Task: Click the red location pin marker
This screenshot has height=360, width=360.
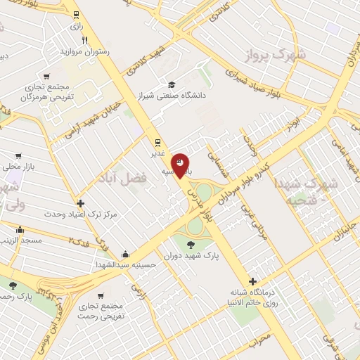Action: point(180,166)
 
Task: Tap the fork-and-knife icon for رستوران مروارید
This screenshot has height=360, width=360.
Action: point(85,40)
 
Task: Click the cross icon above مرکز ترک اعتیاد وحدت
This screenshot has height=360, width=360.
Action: point(82,202)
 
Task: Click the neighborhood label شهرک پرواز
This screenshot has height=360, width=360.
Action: point(264,54)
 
